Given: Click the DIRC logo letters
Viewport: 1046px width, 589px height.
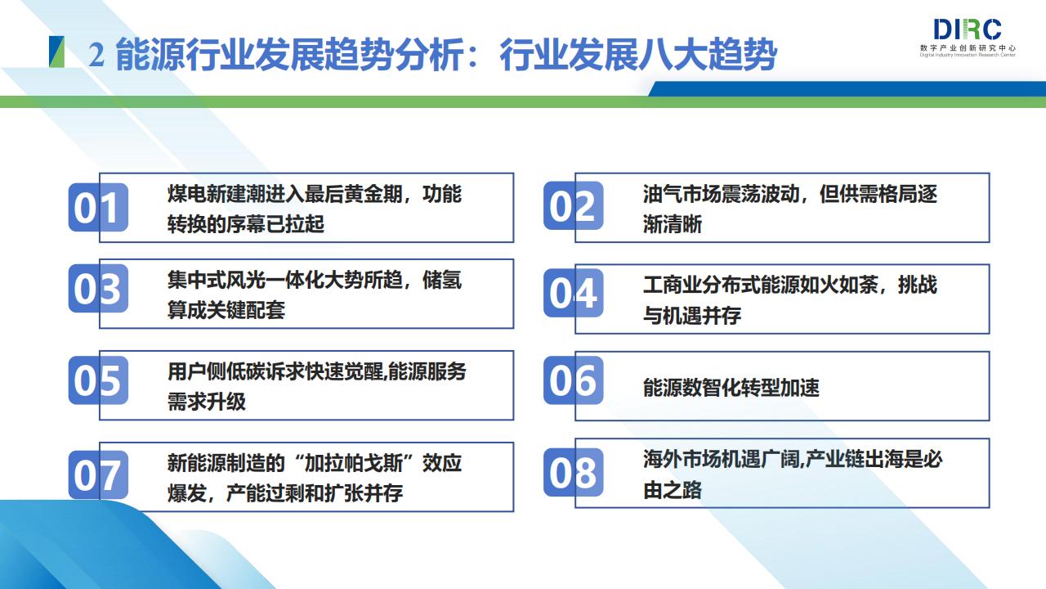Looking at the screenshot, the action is (968, 29).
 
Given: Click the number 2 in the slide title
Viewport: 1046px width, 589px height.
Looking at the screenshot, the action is (96, 55).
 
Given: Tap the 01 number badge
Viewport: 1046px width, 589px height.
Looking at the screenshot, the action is (98, 207).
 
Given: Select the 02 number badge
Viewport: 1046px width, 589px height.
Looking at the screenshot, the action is (574, 205).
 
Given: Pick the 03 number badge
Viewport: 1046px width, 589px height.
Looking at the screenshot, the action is (98, 289).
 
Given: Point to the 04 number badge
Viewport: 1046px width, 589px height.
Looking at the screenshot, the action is (574, 293).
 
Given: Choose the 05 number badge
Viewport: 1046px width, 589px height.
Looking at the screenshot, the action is (98, 380).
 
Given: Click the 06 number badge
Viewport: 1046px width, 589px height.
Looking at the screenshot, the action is (574, 380).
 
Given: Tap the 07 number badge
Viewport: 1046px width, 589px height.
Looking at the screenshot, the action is (98, 474).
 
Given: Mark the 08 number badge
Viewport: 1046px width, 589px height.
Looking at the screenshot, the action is (574, 472).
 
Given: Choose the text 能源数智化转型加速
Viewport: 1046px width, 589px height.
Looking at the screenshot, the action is (731, 388).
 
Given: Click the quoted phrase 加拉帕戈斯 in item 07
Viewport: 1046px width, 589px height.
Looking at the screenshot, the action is (354, 463).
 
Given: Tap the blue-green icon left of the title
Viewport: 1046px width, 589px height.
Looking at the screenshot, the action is (56, 52).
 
